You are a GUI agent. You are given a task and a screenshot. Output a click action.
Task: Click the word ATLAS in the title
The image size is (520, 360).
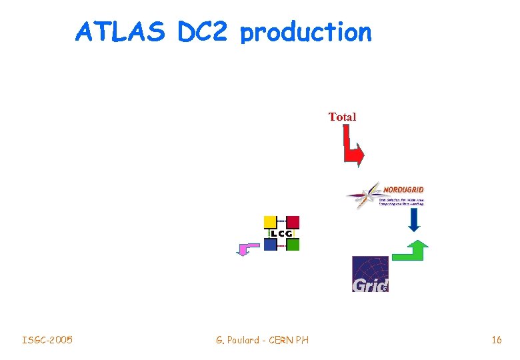(x=120, y=31)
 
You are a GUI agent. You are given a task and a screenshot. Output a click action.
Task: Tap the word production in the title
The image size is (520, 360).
(x=305, y=33)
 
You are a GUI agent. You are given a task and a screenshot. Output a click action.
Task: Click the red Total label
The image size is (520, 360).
(x=342, y=117)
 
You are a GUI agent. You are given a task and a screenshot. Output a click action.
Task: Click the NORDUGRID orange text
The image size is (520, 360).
(x=403, y=189)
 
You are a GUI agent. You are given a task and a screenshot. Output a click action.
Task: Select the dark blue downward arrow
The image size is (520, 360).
(x=414, y=219)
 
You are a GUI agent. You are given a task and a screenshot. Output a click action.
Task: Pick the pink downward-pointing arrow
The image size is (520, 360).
(x=248, y=249)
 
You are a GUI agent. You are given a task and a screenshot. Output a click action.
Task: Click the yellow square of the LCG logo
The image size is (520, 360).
(x=270, y=222)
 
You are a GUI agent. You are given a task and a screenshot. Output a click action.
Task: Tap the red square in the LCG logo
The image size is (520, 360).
(x=293, y=222)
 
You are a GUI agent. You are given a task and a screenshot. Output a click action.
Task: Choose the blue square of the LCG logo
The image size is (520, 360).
(x=270, y=245)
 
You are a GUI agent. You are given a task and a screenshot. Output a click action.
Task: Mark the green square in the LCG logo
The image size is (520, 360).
(x=293, y=245)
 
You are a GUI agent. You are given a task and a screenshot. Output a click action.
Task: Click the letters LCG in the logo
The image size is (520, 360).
(x=281, y=233)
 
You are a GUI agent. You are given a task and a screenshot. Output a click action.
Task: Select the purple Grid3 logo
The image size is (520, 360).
(x=370, y=274)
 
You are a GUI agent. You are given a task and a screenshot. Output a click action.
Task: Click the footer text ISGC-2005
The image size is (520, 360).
(x=47, y=340)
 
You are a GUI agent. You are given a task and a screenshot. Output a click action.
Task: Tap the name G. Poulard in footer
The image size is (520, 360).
(x=237, y=340)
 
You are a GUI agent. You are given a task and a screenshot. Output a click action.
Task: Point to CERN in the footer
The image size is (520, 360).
(x=280, y=340)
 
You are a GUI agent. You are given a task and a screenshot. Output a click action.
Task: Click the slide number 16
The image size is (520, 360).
(x=496, y=340)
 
